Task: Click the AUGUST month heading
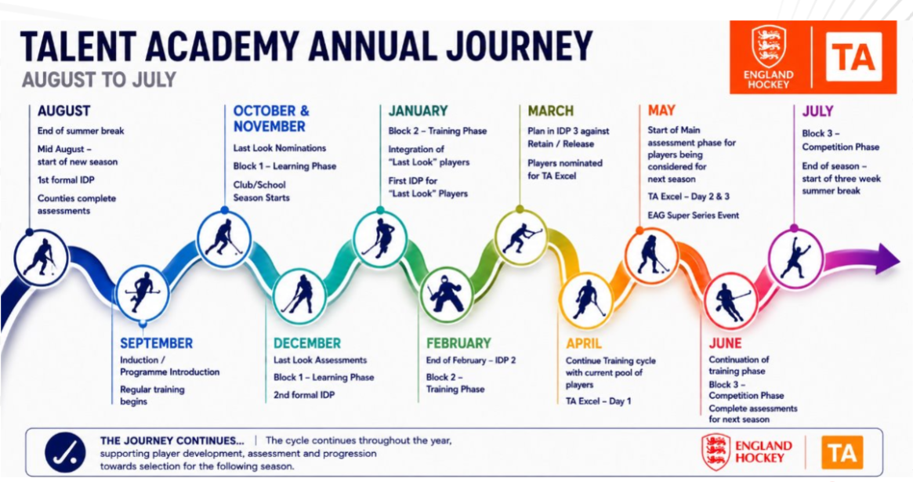[63, 111]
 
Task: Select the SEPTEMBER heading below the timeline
[156, 343]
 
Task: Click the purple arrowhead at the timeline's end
[887, 259]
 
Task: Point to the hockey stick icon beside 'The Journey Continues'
[65, 452]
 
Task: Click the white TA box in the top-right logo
[853, 57]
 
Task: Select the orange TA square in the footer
[842, 452]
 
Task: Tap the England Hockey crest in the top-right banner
[768, 46]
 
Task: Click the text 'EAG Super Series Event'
[693, 216]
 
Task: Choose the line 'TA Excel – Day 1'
[598, 401]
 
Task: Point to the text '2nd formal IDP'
[304, 395]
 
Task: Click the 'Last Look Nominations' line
[280, 148]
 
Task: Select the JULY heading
[817, 111]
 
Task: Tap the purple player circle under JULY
[795, 258]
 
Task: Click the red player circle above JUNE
[730, 302]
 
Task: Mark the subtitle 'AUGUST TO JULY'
[99, 80]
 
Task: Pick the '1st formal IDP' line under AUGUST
[66, 180]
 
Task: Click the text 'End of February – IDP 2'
[470, 361]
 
